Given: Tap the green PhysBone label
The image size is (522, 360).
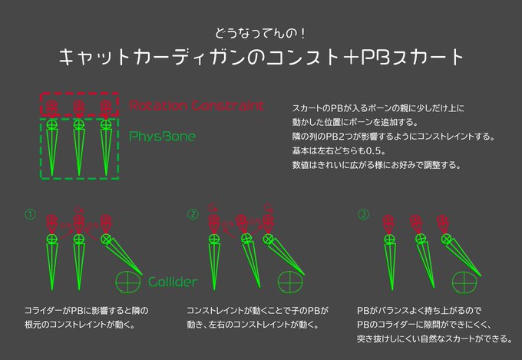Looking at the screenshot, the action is pos(162,137).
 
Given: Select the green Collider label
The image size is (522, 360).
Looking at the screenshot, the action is pos(172,282).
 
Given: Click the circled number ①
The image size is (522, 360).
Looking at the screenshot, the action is pos(30,214).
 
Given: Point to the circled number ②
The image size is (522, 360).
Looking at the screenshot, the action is pos(193,214).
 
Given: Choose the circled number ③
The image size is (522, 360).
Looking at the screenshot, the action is pos(363,214).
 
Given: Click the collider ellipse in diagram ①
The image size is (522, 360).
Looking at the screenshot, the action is pos(127,281).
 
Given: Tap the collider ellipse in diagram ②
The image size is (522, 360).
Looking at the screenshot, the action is pos(291,281).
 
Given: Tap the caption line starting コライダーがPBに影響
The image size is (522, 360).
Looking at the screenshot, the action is pos(87,311).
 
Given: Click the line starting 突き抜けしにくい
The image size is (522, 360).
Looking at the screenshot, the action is pos(434,339).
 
